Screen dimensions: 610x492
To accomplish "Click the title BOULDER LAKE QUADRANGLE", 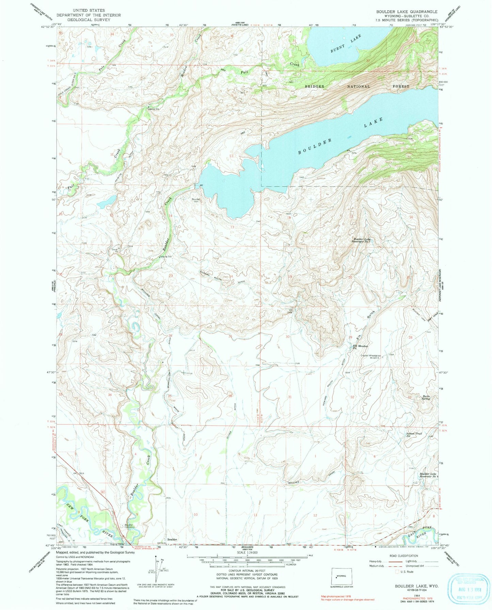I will coord(407,12).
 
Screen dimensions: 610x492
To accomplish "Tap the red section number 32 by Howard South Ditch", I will coord(352,397).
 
